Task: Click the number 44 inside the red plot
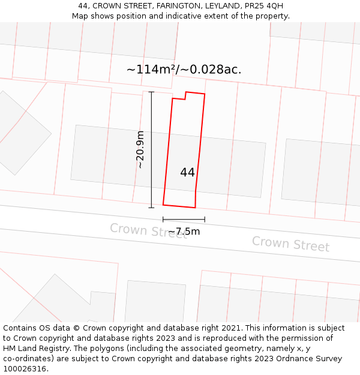[187, 172]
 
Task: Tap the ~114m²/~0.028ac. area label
[184, 70]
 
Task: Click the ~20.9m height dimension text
[140, 149]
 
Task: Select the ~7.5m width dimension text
[184, 232]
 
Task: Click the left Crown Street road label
[148, 230]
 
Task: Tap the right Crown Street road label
[290, 244]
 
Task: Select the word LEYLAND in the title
[222, 6]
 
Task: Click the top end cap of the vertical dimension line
[151, 92]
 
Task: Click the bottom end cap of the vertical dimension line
[151, 208]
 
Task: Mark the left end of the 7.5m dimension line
[163, 220]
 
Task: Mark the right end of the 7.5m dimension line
[205, 220]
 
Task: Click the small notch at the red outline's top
[185, 95]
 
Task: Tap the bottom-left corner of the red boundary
[163, 205]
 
